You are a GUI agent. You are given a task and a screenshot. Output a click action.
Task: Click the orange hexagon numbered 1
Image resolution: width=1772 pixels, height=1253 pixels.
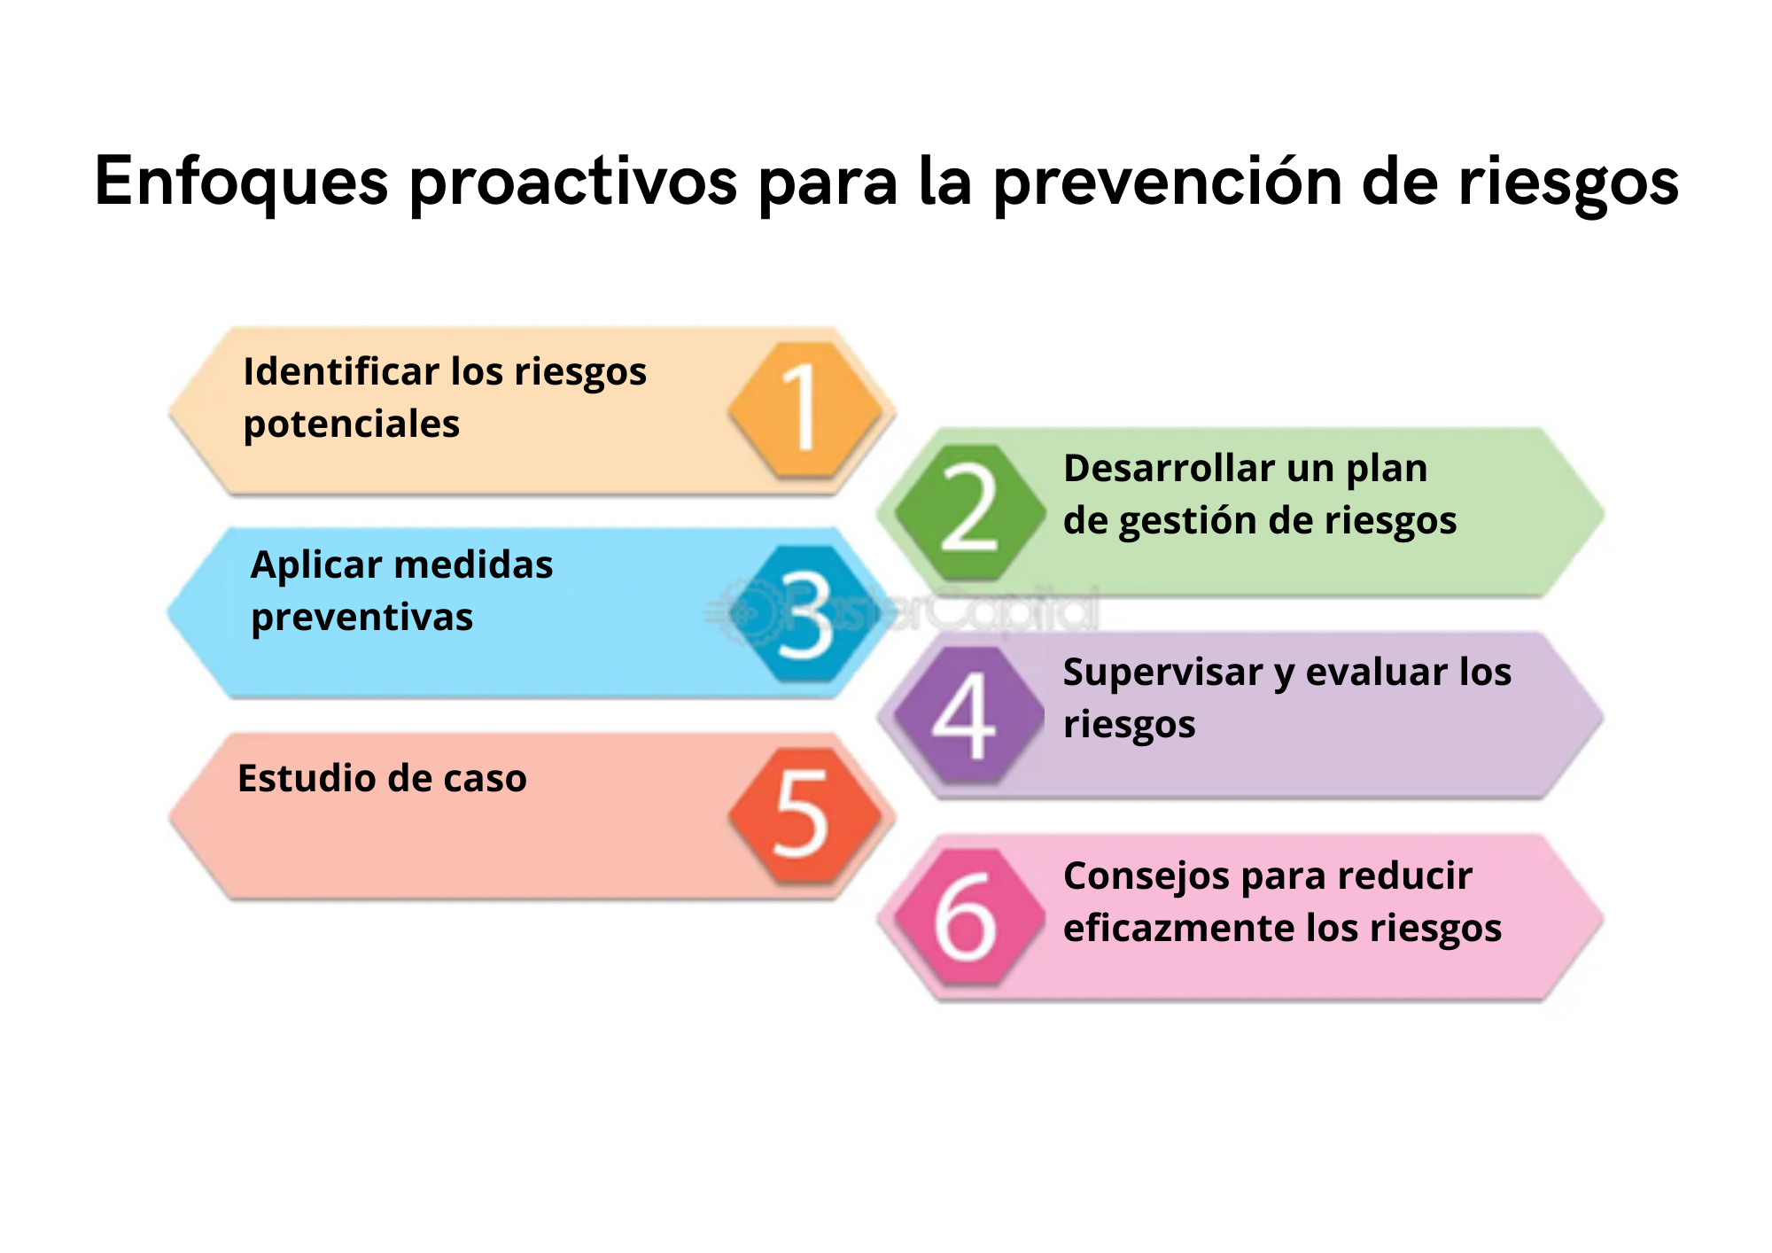pyautogui.click(x=804, y=410)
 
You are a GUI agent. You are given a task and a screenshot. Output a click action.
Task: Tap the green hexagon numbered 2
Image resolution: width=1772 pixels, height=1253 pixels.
pyautogui.click(x=970, y=512)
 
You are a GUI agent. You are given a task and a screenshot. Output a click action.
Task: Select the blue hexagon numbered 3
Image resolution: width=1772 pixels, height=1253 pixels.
pyautogui.click(x=804, y=613)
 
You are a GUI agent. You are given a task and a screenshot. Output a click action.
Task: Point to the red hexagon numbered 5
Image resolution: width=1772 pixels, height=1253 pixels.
pyautogui.click(x=804, y=815)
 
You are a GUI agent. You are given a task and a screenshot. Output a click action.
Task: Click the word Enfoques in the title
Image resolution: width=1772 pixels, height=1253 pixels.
pyautogui.click(x=242, y=182)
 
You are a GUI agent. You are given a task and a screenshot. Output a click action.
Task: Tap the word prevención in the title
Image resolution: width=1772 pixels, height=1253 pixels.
pyautogui.click(x=1168, y=182)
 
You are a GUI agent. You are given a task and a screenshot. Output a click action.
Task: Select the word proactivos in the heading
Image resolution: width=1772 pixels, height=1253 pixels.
pyautogui.click(x=573, y=182)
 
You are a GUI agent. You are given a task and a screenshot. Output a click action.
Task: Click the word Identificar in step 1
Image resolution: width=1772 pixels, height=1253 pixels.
pyautogui.click(x=341, y=371)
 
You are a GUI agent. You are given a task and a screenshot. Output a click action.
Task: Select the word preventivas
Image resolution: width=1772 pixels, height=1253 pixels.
pyautogui.click(x=362, y=618)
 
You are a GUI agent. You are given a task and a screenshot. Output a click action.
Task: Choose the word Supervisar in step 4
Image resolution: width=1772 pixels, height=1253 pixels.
pyautogui.click(x=1163, y=673)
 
